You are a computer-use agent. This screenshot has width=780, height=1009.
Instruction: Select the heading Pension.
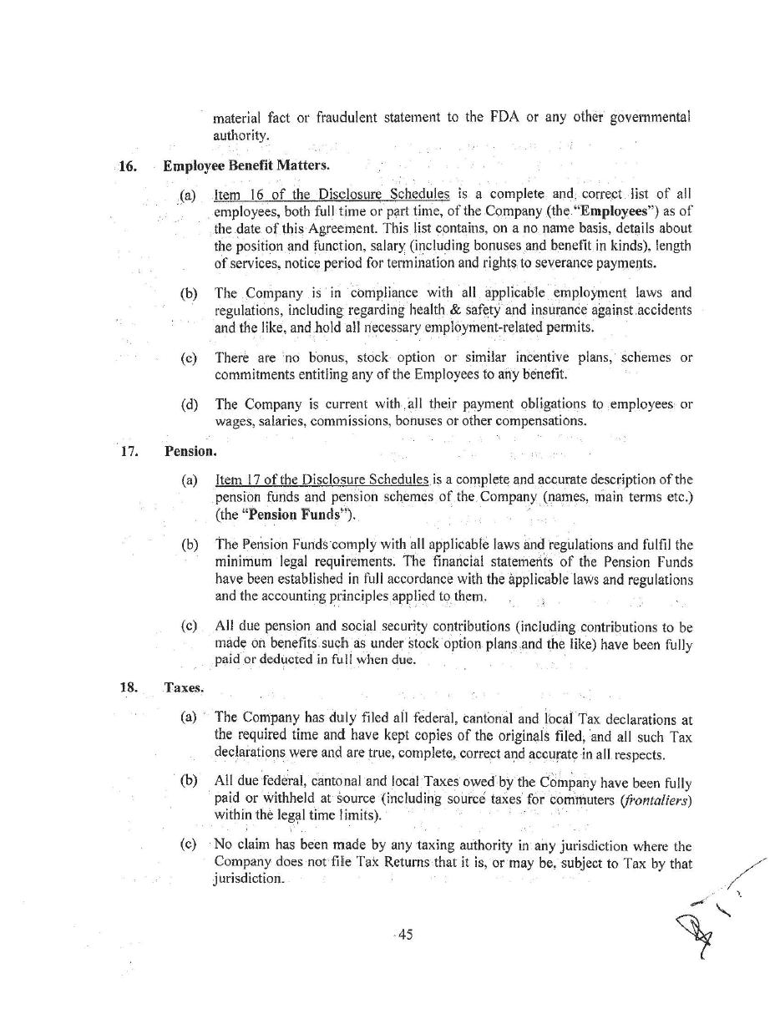(x=190, y=451)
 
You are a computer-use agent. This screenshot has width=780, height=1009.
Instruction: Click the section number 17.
(x=128, y=451)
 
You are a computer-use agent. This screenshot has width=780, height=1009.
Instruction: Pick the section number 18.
(x=128, y=687)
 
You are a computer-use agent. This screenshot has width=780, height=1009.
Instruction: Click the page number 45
(x=404, y=935)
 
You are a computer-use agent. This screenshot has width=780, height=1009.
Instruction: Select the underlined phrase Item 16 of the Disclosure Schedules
(x=332, y=195)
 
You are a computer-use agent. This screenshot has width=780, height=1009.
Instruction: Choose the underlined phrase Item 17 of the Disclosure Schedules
(x=322, y=479)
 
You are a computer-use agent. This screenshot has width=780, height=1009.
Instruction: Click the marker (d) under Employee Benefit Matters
(x=190, y=405)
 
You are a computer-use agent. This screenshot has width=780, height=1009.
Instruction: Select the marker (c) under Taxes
(x=189, y=844)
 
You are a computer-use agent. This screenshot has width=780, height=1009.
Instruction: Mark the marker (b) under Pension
(x=190, y=545)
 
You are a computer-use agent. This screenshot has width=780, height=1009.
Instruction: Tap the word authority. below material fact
(x=241, y=134)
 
